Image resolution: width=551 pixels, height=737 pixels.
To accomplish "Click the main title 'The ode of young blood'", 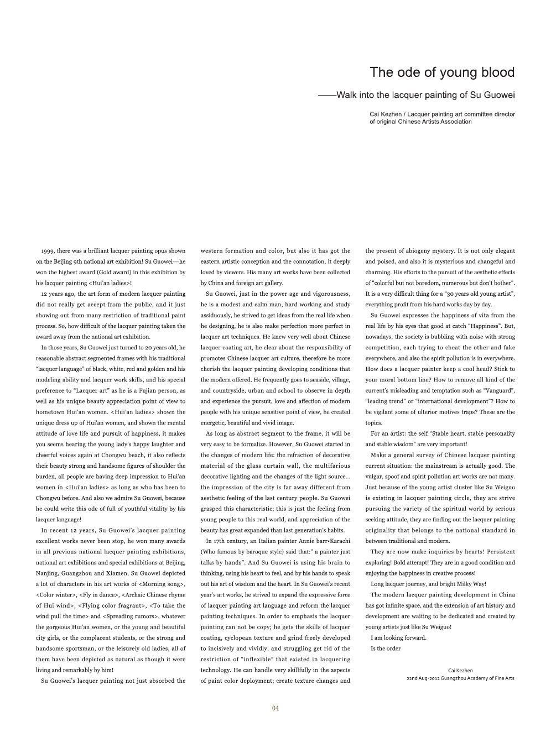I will [442, 72].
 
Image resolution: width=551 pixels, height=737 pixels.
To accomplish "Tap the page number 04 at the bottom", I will [275, 709].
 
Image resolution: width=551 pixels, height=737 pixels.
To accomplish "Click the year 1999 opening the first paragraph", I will [48, 251].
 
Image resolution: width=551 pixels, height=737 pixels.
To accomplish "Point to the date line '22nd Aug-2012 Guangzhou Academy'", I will [460, 678].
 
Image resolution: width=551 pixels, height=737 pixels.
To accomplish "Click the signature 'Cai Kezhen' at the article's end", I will [460, 670].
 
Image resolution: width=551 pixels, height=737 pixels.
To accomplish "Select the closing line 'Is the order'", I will [386, 649].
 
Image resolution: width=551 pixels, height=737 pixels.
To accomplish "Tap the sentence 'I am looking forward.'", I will [398, 637].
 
